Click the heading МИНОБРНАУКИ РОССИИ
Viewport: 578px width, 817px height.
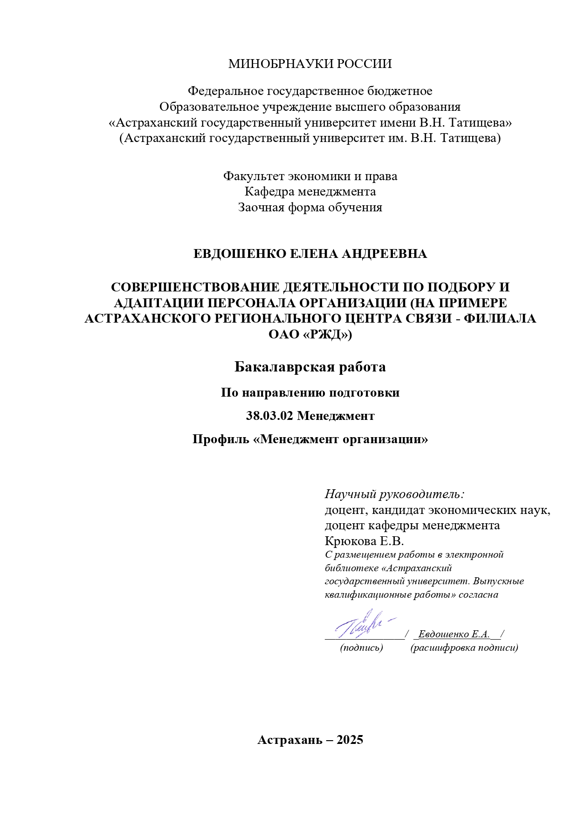(x=310, y=64)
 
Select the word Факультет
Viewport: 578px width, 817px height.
(x=254, y=176)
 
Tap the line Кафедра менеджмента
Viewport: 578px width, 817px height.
(x=310, y=192)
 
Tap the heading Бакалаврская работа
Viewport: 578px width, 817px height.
(x=310, y=367)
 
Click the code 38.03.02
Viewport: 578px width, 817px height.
(x=270, y=416)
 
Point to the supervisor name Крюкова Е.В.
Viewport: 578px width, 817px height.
(x=364, y=541)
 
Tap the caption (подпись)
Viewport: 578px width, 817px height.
(x=362, y=648)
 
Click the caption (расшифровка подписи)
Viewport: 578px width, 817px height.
(x=464, y=648)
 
